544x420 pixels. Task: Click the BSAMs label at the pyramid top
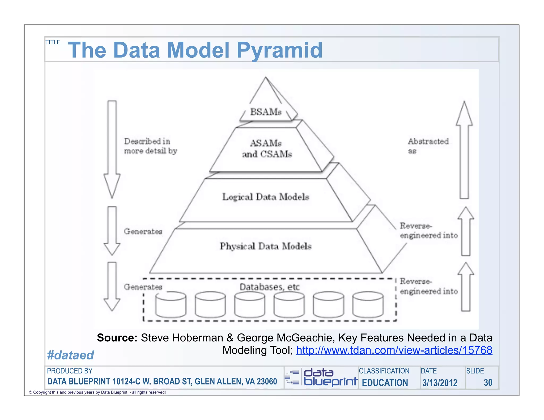tap(266, 112)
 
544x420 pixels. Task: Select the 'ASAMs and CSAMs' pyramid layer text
tap(266, 149)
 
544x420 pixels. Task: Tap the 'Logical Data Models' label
tap(266, 197)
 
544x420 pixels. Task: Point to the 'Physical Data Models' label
tap(266, 246)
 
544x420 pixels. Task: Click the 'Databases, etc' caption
tap(269, 287)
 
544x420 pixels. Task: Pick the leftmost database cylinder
tap(171, 305)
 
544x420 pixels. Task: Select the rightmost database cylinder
tap(368, 305)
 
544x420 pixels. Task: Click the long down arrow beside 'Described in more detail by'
tap(112, 149)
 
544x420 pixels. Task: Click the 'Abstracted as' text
tap(428, 146)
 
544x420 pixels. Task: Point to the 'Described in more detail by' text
tap(150, 146)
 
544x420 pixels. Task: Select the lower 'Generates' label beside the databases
tap(143, 287)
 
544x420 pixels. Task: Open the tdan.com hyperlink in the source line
tap(394, 350)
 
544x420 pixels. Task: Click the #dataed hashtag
tap(70, 355)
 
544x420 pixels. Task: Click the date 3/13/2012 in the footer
tap(440, 383)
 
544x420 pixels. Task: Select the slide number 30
tap(488, 383)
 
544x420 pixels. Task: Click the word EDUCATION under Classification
tap(385, 383)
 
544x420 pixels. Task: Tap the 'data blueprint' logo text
tap(330, 377)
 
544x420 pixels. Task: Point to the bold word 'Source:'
tap(117, 338)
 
